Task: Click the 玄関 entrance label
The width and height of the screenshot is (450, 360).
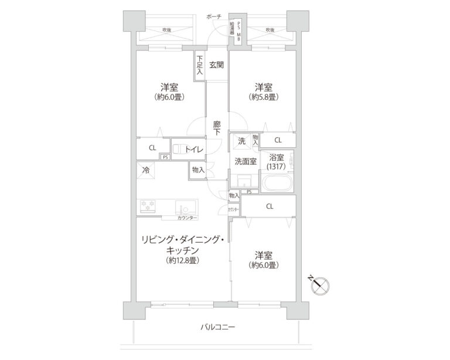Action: pyautogui.click(x=216, y=65)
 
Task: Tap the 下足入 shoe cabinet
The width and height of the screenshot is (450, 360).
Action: pyautogui.click(x=200, y=66)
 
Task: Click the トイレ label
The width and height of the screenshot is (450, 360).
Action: pyautogui.click(x=194, y=150)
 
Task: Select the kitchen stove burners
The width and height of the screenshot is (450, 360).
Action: pyautogui.click(x=149, y=206)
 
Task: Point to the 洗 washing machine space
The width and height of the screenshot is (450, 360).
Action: pyautogui.click(x=241, y=141)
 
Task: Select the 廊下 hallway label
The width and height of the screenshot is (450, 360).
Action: pyautogui.click(x=217, y=128)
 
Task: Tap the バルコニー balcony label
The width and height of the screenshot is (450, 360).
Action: pyautogui.click(x=217, y=327)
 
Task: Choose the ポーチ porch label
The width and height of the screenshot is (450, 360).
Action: pyautogui.click(x=214, y=17)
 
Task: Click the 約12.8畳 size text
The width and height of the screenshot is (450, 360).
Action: pyautogui.click(x=182, y=260)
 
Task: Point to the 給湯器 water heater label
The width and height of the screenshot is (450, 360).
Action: pyautogui.click(x=232, y=29)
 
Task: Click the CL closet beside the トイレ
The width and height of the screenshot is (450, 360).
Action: pyautogui.click(x=152, y=148)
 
